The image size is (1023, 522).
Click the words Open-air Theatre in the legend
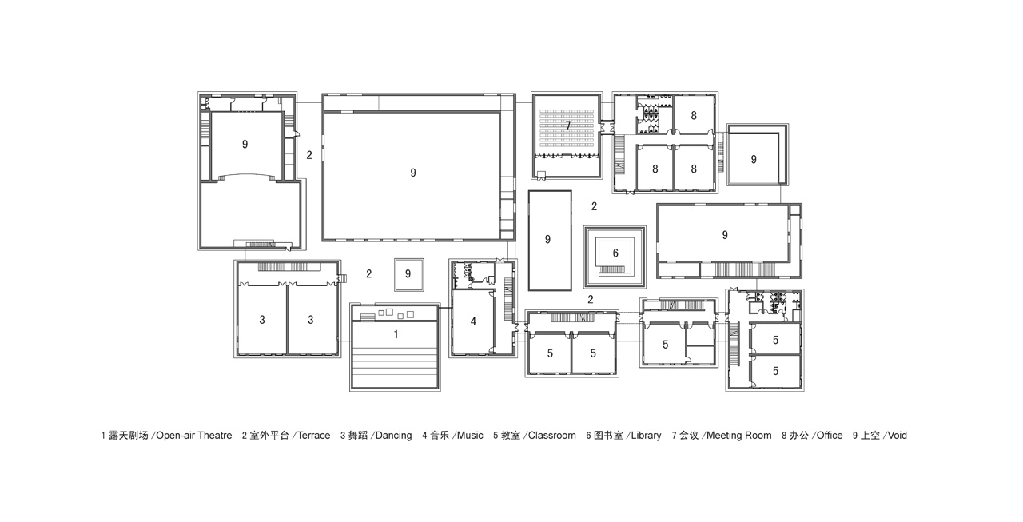pos(194,436)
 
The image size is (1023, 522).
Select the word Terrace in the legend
pos(314,436)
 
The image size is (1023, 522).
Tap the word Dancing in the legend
pos(394,436)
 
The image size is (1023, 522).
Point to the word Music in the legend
pos(470,436)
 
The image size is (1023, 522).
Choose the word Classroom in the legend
pos(552,436)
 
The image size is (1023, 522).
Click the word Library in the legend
pos(647,436)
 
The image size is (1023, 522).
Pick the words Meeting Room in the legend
pos(739,436)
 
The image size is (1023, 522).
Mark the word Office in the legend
pos(830,436)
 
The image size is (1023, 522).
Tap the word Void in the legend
pos(897,436)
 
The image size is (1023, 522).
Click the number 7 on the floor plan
pos(568,126)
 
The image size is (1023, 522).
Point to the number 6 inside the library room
pos(615,253)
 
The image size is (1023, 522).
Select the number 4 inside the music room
pos(474,321)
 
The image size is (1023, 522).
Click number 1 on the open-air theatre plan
pos(396,334)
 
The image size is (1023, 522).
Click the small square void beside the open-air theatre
pos(408,274)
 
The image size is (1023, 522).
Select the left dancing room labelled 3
pos(262,319)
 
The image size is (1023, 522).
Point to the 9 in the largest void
pos(413,173)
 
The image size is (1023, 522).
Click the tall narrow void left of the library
pos(550,241)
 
